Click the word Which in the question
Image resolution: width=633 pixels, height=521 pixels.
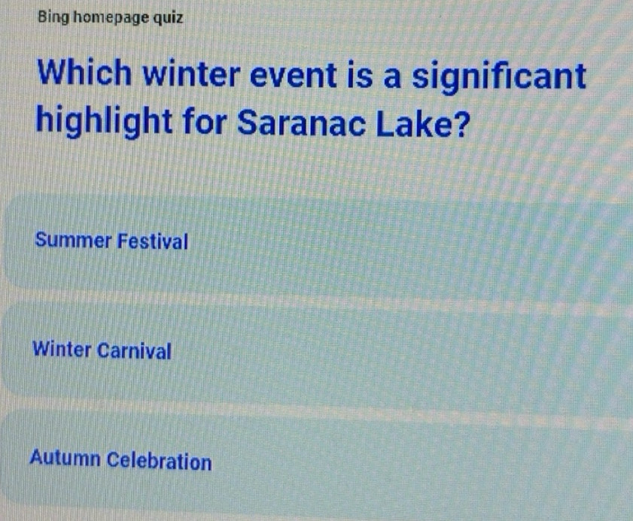87,77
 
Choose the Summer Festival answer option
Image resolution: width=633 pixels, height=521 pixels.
316,242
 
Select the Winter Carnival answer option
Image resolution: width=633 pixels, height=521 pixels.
316,350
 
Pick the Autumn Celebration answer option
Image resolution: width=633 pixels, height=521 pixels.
316,460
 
